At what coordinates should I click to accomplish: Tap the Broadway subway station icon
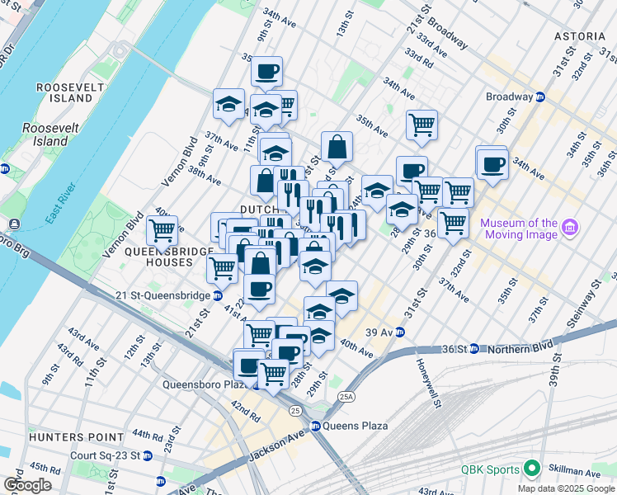coord(540,97)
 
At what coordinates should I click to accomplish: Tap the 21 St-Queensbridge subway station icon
coord(217,295)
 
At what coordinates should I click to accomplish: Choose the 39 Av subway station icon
coord(400,332)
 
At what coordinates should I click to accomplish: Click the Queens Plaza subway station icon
coord(315,427)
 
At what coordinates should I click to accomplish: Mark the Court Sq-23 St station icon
coord(147,455)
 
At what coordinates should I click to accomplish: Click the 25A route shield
coord(345,397)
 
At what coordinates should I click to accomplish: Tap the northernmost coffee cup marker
coord(266,72)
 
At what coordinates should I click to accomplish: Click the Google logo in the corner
coord(26,484)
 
